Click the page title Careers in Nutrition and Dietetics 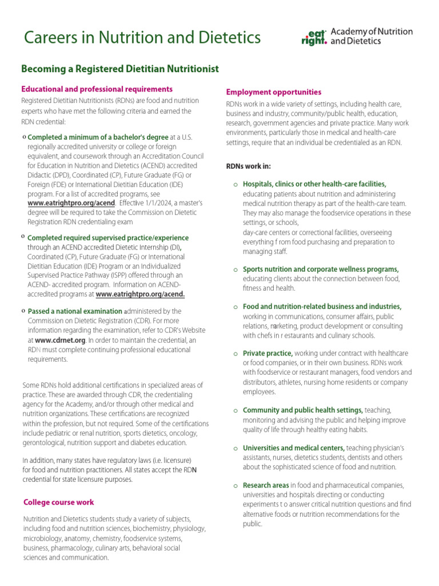(x=142, y=38)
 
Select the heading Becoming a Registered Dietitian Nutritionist (x=120, y=69)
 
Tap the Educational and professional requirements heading (x=97, y=89)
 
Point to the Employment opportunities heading (x=273, y=92)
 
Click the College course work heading (x=59, y=502)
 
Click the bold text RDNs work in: (x=249, y=167)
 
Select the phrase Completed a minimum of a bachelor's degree (x=98, y=137)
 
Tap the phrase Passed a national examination (x=75, y=311)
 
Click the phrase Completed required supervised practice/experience (x=108, y=238)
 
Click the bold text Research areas (x=265, y=485)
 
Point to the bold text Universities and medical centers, (x=293, y=448)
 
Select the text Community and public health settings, (x=302, y=410)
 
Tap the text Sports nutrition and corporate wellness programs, (x=320, y=269)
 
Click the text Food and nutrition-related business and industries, (x=322, y=307)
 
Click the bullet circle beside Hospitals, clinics (x=236, y=184)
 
